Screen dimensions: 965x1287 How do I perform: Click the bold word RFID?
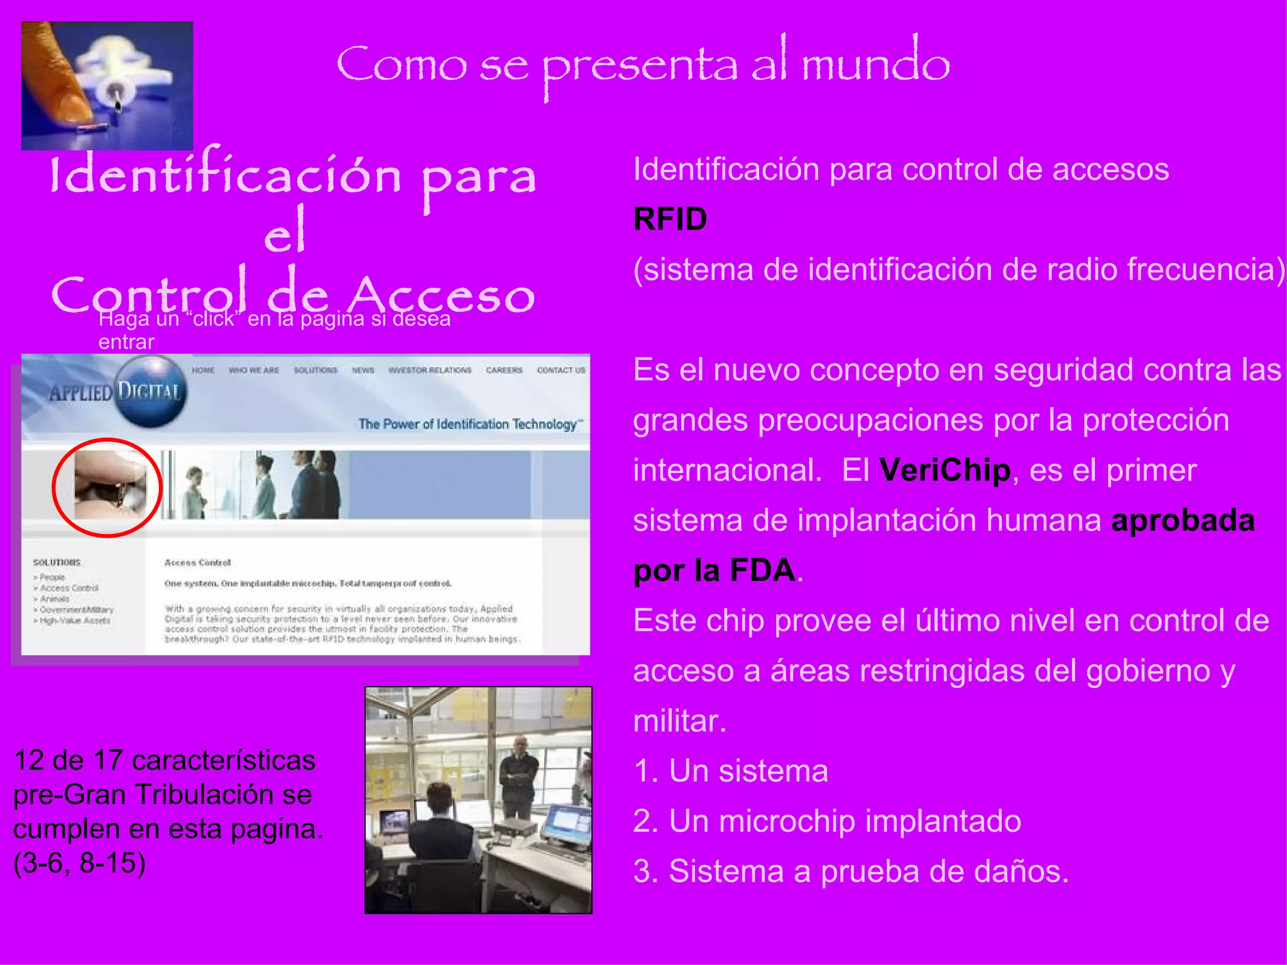coord(670,219)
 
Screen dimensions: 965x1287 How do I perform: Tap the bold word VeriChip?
coord(945,471)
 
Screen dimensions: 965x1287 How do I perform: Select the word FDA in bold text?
coord(762,570)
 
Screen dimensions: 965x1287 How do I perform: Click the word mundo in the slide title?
coord(875,63)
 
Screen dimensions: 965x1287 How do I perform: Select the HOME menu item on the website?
coord(203,371)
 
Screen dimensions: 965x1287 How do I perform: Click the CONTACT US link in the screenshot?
coord(561,371)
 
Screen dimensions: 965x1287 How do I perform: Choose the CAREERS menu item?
coord(504,371)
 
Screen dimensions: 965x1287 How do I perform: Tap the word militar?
coord(679,721)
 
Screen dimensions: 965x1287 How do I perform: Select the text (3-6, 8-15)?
coord(79,863)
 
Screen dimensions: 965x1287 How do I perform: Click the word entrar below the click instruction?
coord(126,342)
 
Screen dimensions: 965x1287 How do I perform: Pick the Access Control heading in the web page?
coord(197,563)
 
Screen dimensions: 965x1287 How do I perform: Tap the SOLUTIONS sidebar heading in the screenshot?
coord(57,562)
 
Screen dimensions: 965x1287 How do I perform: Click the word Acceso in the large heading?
coord(442,295)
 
